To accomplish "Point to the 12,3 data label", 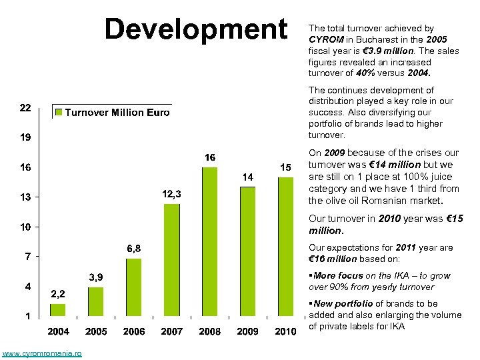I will coord(172,193).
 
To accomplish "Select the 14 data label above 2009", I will coord(247,177).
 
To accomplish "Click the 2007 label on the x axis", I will coord(172,331).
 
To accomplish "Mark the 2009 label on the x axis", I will coord(247,331).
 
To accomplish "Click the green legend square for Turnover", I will coord(59,113).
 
